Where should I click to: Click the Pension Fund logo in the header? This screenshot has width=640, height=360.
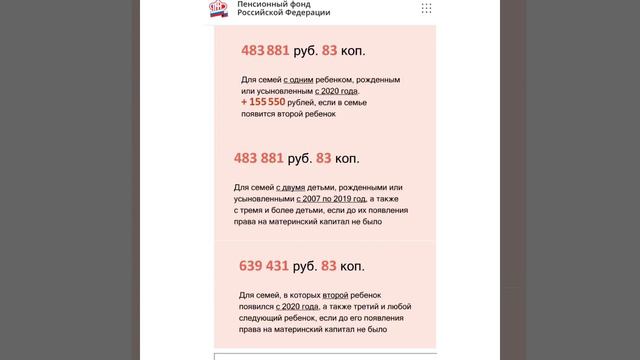[218, 10]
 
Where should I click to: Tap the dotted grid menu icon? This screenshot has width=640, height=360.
[427, 8]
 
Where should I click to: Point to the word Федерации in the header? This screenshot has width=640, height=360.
[305, 15]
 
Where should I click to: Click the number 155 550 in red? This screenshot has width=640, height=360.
[264, 102]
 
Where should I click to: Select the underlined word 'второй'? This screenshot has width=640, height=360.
[335, 296]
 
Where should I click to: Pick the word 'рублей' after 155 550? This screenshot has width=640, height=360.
[301, 102]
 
